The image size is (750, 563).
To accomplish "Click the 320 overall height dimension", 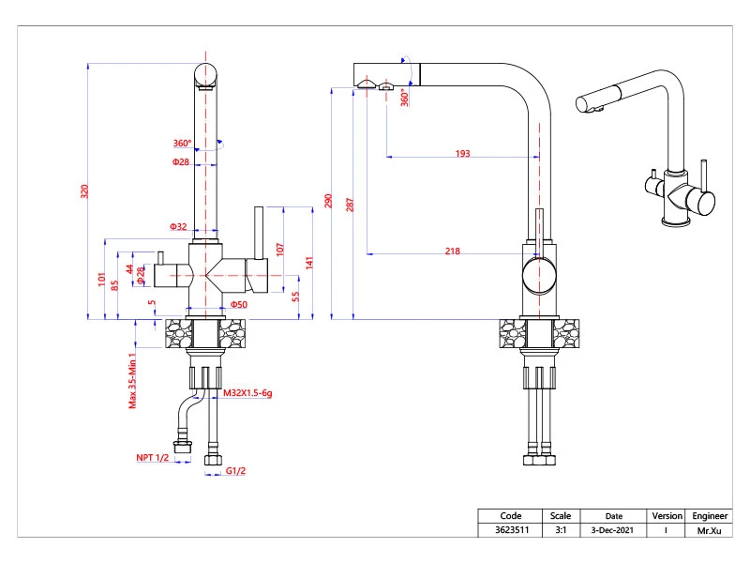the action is [x=84, y=191].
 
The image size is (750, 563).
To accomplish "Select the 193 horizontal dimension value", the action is [x=462, y=153].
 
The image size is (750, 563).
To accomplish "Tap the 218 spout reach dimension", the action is [x=453, y=251].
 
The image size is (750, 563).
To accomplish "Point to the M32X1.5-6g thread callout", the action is [x=247, y=393].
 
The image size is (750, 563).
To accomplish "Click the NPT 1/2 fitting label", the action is [x=153, y=458].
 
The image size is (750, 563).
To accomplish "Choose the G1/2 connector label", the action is [x=236, y=471].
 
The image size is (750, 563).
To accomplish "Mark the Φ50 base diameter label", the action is [x=239, y=304].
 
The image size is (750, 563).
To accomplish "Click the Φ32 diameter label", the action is [x=178, y=226].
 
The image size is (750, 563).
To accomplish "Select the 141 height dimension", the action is [x=309, y=263].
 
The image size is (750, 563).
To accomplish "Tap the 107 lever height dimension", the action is [x=279, y=250].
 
